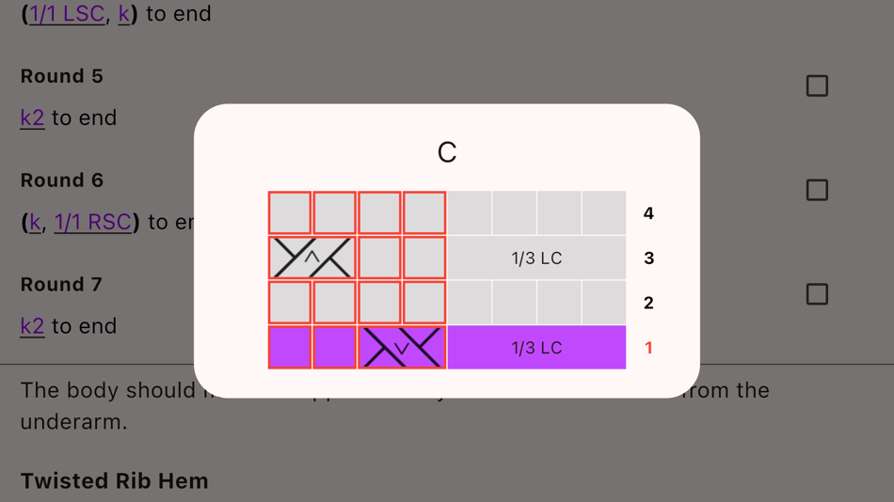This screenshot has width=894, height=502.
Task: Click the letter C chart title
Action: pyautogui.click(x=447, y=152)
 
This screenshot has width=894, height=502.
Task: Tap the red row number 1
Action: pyautogui.click(x=648, y=348)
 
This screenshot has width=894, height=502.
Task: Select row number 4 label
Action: pyautogui.click(x=648, y=213)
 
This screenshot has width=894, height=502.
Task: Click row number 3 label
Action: pyautogui.click(x=648, y=258)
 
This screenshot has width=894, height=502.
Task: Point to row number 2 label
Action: pyautogui.click(x=648, y=303)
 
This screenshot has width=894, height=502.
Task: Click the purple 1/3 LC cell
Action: pyautogui.click(x=536, y=348)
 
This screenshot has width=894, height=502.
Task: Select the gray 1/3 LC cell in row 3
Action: pyautogui.click(x=536, y=258)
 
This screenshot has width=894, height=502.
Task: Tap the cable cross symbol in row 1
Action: pyautogui.click(x=402, y=348)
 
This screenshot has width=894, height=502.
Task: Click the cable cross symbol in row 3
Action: pyautogui.click(x=311, y=258)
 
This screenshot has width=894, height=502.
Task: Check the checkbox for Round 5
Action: pyautogui.click(x=817, y=86)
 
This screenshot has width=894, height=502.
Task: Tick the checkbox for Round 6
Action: pyautogui.click(x=817, y=190)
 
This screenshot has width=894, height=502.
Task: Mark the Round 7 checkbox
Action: pyautogui.click(x=817, y=294)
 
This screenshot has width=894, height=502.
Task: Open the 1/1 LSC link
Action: pyautogui.click(x=67, y=14)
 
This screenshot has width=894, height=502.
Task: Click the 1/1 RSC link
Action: pyautogui.click(x=92, y=222)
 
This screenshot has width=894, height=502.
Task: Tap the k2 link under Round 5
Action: pyautogui.click(x=32, y=118)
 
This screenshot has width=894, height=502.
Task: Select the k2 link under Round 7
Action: pyautogui.click(x=32, y=326)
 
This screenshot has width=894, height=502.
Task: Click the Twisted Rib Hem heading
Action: pyautogui.click(x=114, y=480)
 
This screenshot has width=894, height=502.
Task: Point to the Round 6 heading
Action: pyautogui.click(x=62, y=180)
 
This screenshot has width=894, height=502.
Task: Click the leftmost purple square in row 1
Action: pyautogui.click(x=290, y=348)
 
